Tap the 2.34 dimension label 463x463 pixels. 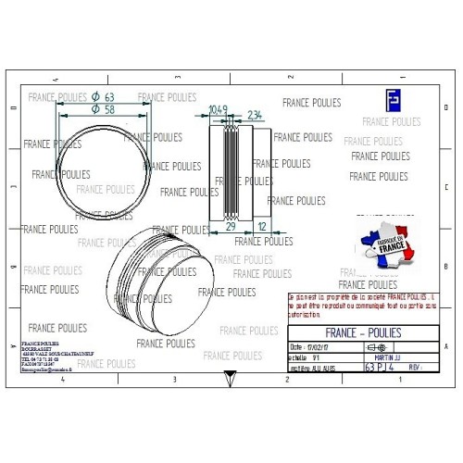[255, 115]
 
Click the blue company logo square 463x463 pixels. [392, 100]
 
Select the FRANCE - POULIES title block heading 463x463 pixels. [365, 332]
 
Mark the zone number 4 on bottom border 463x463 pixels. [62, 381]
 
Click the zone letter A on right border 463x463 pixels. [446, 346]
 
